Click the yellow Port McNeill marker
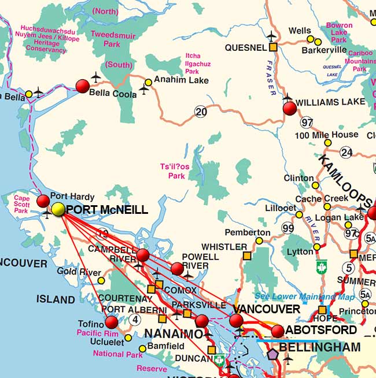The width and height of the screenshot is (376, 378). (58, 209)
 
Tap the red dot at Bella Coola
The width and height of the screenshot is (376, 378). (83, 87)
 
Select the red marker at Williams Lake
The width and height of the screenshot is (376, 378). (290, 108)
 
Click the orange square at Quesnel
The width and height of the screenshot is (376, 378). (274, 47)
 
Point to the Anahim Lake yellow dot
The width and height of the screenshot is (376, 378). (149, 82)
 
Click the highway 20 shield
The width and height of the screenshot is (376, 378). (201, 112)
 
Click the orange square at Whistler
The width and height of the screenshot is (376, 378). (247, 255)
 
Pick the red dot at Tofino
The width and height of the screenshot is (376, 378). (112, 323)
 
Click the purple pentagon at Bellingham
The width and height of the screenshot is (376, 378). (271, 355)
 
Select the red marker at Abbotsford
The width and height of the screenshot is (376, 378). (278, 331)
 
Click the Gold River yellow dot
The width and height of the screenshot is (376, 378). (101, 281)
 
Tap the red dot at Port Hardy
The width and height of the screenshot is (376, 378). (43, 201)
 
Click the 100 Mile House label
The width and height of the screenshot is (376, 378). (327, 135)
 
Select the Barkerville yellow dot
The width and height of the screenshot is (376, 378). (318, 42)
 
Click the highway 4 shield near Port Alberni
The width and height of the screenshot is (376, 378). (135, 319)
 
